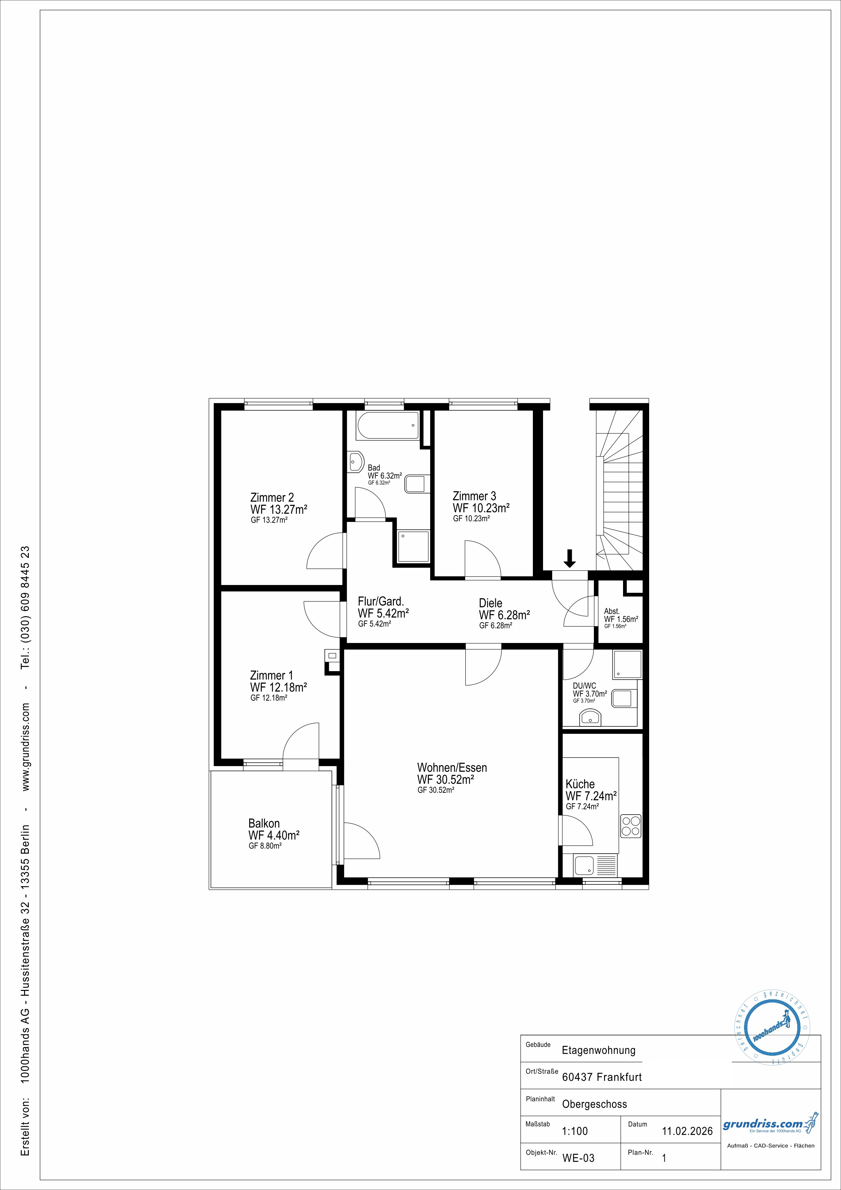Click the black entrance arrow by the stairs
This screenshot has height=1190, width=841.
[569, 558]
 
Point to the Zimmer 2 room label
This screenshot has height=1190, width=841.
[272, 498]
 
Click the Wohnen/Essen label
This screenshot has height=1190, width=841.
[452, 767]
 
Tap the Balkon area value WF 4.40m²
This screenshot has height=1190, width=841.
[274, 836]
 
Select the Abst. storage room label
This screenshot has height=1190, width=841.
[612, 611]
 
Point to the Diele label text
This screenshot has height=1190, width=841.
[490, 603]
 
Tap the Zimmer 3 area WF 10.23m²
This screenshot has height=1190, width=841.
[481, 508]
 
